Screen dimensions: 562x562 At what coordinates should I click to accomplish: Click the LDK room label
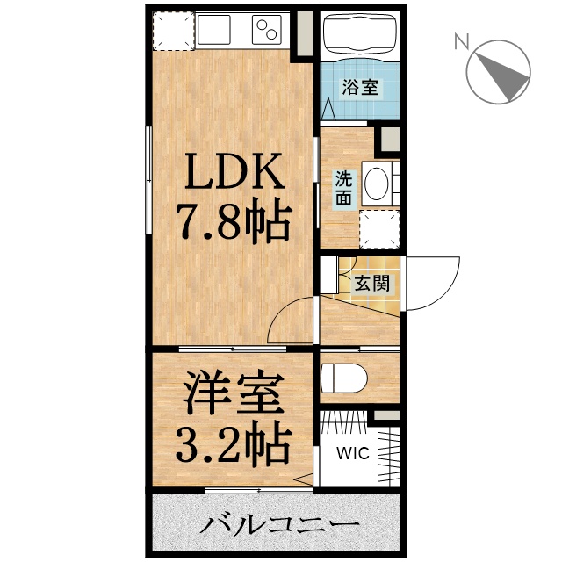(x=234, y=173)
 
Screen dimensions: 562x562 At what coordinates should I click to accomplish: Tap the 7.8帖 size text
(x=234, y=224)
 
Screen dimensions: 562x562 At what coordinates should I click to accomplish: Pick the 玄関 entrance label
(x=372, y=284)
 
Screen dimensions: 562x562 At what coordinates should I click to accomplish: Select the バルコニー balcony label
(x=279, y=528)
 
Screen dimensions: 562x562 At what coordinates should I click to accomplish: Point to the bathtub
(x=360, y=36)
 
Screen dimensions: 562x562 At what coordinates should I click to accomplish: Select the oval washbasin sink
(x=377, y=185)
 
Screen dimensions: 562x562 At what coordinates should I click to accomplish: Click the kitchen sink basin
(x=220, y=31)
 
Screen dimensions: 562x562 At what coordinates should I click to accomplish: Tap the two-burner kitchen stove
(x=267, y=31)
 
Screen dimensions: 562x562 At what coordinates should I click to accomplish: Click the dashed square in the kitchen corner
(x=171, y=32)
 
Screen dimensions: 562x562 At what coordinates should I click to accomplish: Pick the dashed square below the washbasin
(x=379, y=229)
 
